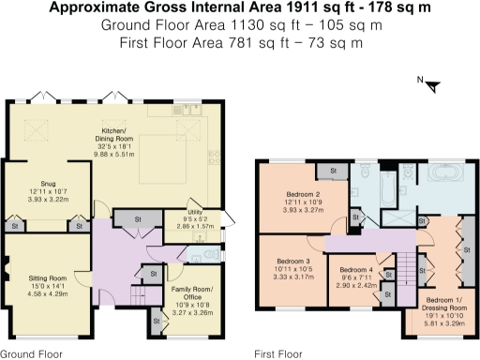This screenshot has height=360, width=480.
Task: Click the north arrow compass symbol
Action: pyautogui.click(x=432, y=86)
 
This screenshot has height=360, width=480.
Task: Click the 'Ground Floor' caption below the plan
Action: pyautogui.click(x=32, y=354)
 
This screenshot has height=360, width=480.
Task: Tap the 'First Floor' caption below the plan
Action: pyautogui.click(x=277, y=354)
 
